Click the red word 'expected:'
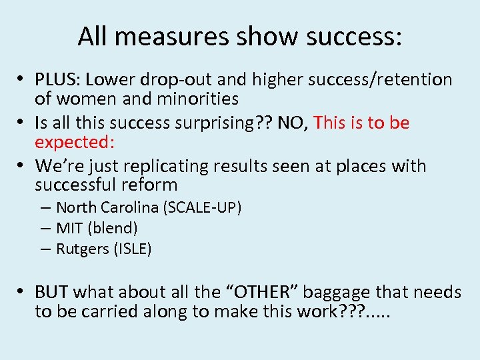click(x=75, y=143)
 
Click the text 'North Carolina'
click(x=107, y=207)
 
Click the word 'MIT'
click(x=69, y=228)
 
